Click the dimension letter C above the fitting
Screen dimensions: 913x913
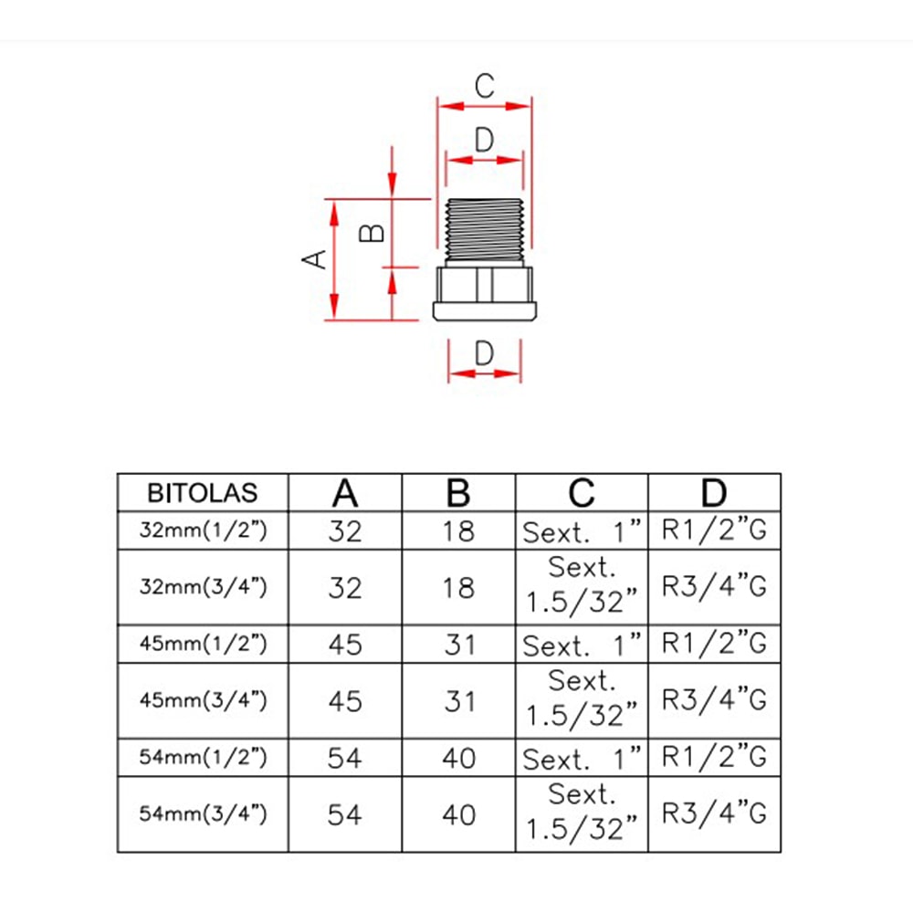pyautogui.click(x=485, y=87)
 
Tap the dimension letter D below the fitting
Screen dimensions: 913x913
pyautogui.click(x=485, y=352)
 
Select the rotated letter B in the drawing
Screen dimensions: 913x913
pyautogui.click(x=372, y=234)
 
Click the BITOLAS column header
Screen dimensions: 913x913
pyautogui.click(x=203, y=493)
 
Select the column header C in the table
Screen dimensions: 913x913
pyautogui.click(x=581, y=493)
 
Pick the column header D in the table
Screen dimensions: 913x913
pyautogui.click(x=714, y=493)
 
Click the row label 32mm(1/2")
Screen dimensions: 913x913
pyautogui.click(x=203, y=530)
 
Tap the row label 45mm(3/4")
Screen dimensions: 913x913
pyautogui.click(x=203, y=701)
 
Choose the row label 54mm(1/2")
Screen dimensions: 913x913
pyautogui.click(x=203, y=757)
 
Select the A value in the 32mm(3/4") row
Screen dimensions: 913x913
pyautogui.click(x=345, y=587)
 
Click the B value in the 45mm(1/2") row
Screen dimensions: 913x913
pyautogui.click(x=458, y=645)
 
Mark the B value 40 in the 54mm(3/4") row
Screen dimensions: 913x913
pyautogui.click(x=458, y=813)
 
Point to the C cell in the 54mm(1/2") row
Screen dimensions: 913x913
pyautogui.click(x=581, y=758)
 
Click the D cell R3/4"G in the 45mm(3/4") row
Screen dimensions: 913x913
pyautogui.click(x=714, y=701)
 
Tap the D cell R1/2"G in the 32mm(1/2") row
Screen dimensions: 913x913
pyautogui.click(x=714, y=530)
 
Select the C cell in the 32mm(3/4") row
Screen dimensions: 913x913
pyautogui.click(x=581, y=587)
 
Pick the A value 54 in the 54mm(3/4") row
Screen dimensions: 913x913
pyautogui.click(x=345, y=813)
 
